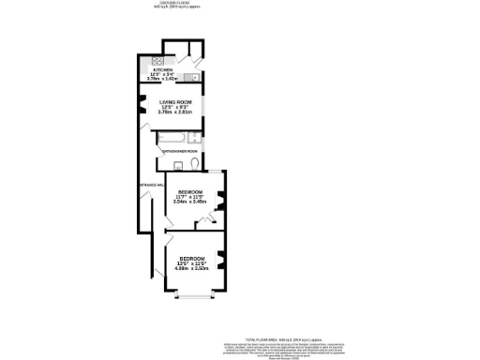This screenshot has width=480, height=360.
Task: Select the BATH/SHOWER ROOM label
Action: pyautogui.click(x=179, y=151)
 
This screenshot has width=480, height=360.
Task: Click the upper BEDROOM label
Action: pyautogui.click(x=188, y=190)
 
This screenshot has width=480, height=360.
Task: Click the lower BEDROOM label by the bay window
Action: pyautogui.click(x=192, y=258)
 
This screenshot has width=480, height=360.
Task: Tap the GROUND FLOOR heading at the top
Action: pyautogui.click(x=173, y=3)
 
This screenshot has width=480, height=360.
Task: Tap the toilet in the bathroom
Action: pyautogui.click(x=192, y=163)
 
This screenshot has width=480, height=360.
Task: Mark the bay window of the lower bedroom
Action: pyautogui.click(x=194, y=298)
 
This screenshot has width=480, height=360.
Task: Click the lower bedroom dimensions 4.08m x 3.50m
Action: pyautogui.click(x=192, y=269)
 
